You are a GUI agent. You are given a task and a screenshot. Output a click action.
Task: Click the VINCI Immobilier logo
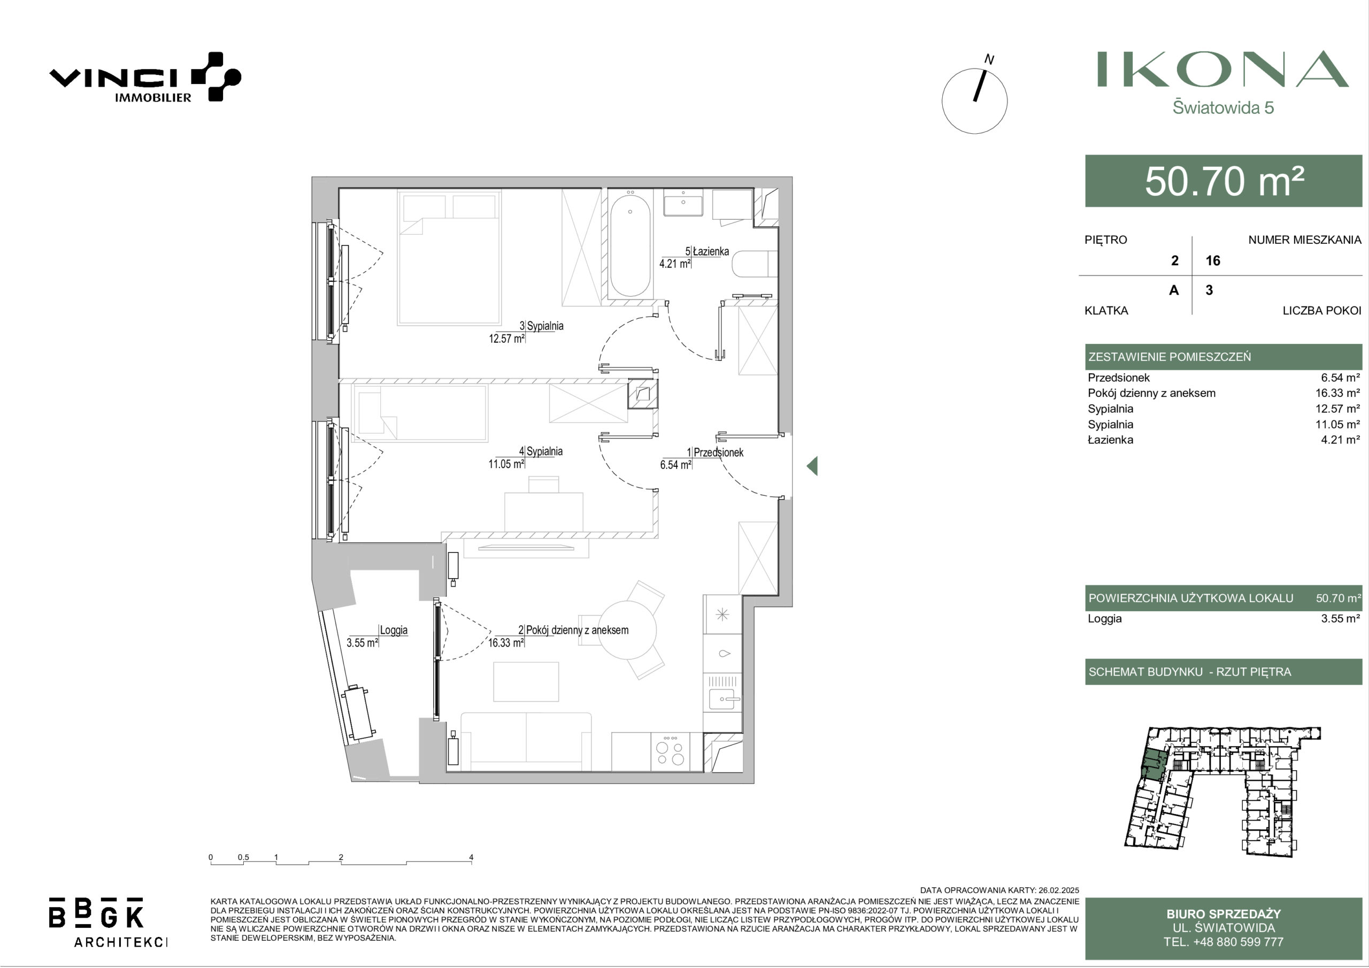pyautogui.click(x=145, y=78)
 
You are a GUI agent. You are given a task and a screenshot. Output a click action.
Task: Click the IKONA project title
pyautogui.click(x=1223, y=70)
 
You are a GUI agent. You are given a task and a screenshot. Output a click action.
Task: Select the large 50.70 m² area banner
pyautogui.click(x=1224, y=181)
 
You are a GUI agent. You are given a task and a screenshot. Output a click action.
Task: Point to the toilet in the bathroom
pyautogui.click(x=756, y=264)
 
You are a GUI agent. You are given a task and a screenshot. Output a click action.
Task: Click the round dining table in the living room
pyautogui.click(x=627, y=629)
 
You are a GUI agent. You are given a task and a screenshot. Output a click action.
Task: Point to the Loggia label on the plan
pyautogui.click(x=394, y=630)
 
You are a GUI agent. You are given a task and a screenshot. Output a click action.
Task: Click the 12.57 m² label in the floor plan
pyautogui.click(x=506, y=339)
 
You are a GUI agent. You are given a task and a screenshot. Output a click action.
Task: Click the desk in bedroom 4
pyautogui.click(x=544, y=512)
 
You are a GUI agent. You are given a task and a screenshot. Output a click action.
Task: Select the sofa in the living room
pyautogui.click(x=526, y=742)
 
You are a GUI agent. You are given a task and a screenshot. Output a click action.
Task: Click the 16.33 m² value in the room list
pyautogui.click(x=1337, y=393)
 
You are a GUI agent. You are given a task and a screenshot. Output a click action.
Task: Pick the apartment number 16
pyautogui.click(x=1213, y=260)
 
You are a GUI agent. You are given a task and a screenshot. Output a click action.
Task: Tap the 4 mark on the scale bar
pyautogui.click(x=471, y=857)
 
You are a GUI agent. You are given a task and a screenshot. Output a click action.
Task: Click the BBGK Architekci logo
pyautogui.click(x=107, y=921)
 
